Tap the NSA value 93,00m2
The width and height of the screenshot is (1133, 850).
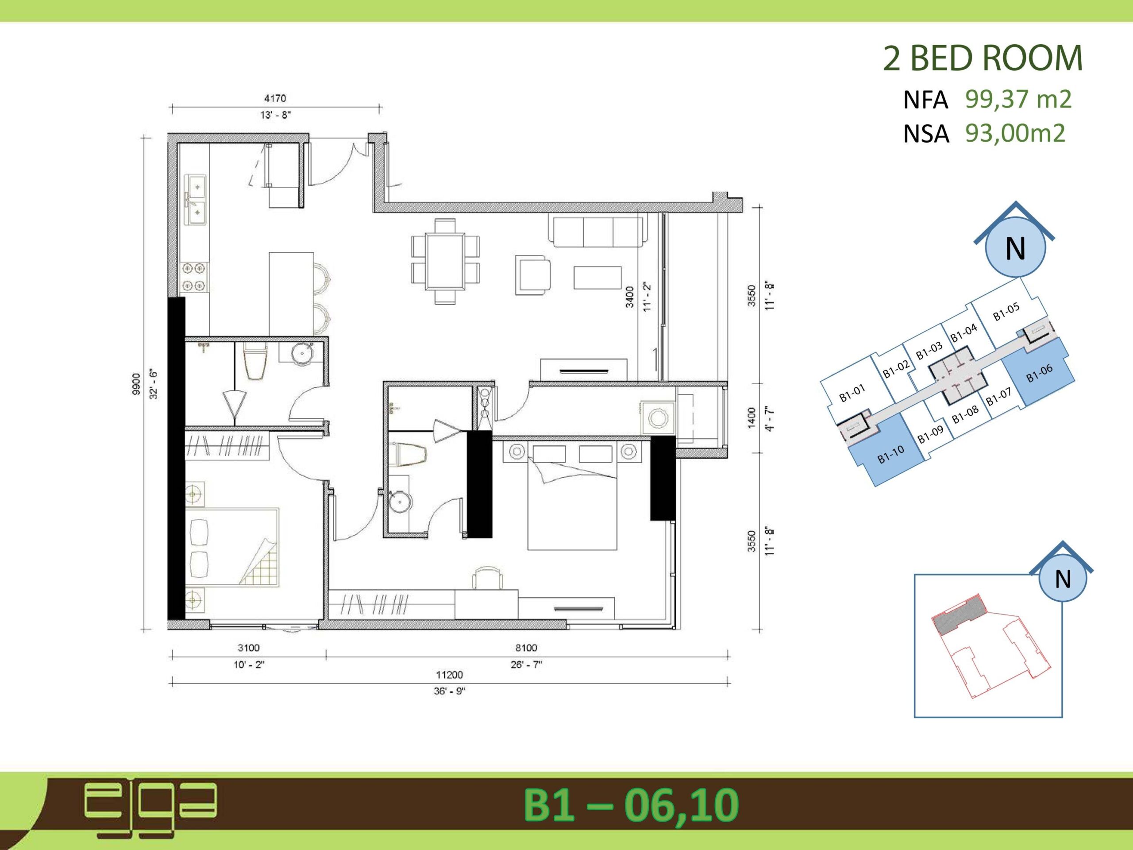pos(1015,133)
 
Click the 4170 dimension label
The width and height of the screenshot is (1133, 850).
pos(275,98)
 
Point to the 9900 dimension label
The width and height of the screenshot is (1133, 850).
pos(136,385)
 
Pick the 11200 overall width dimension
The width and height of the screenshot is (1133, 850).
pos(449,675)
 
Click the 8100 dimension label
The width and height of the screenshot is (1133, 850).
pos(526,648)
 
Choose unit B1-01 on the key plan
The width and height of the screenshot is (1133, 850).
pos(852,393)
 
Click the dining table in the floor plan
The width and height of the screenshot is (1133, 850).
pos(445,261)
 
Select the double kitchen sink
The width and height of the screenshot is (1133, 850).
pos(196,199)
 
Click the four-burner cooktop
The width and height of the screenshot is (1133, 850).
pos(195,277)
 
